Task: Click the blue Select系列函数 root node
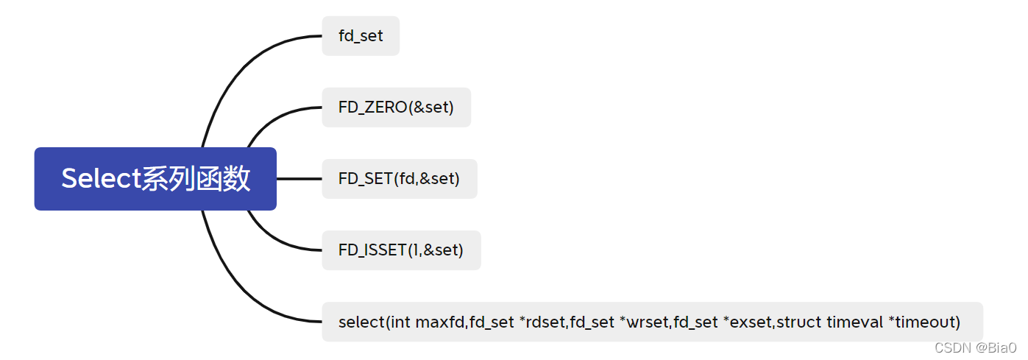point(155,179)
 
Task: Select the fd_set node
point(361,35)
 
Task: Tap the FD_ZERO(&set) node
point(396,107)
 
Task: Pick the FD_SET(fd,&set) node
point(399,179)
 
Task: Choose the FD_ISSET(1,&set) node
point(401,250)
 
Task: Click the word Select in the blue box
point(100,179)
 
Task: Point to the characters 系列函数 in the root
point(196,179)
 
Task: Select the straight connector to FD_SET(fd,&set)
point(299,179)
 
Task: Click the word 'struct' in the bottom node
point(799,322)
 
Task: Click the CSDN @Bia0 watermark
point(975,347)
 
